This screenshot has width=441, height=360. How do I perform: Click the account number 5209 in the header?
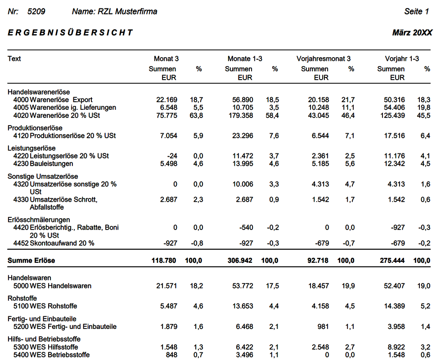pyautogui.click(x=36, y=12)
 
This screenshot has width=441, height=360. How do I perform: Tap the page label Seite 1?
pyautogui.click(x=417, y=12)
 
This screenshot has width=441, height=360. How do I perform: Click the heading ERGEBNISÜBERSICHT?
pyautogui.click(x=70, y=32)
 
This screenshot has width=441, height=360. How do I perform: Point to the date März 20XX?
pyautogui.click(x=412, y=33)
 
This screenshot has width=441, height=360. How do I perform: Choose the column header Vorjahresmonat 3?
pyautogui.click(x=324, y=58)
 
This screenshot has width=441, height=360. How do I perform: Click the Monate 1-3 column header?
pyautogui.click(x=245, y=58)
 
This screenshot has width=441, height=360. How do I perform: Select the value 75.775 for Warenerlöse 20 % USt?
pyautogui.click(x=166, y=116)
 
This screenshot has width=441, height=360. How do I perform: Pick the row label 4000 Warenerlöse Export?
pyautogui.click(x=56, y=99)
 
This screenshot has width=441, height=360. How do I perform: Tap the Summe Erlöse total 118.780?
pyautogui.click(x=163, y=261)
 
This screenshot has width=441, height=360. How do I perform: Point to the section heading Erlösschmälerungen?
pyautogui.click(x=39, y=220)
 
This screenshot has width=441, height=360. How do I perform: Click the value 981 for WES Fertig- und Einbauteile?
pyautogui.click(x=322, y=326)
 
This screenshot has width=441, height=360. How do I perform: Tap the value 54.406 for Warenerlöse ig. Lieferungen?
pyautogui.click(x=393, y=108)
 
